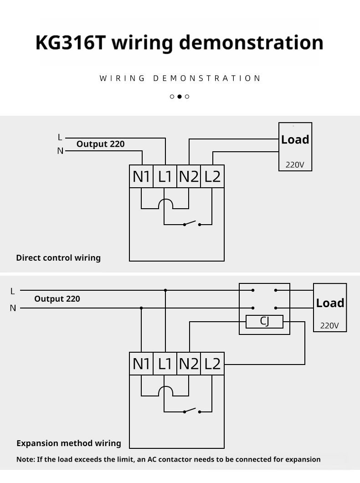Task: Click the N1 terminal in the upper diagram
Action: click(141, 176)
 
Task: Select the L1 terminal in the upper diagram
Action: click(165, 176)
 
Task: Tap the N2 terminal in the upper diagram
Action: click(189, 176)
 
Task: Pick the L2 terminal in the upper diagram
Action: click(212, 176)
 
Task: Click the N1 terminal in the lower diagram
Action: click(141, 364)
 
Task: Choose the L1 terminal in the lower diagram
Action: click(165, 364)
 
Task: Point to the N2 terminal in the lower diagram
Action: click(189, 364)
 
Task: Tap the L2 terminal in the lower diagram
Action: click(212, 364)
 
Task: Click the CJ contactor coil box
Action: click(264, 322)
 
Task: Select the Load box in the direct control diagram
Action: click(295, 147)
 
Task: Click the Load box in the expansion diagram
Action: click(330, 308)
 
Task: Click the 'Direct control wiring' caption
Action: click(58, 258)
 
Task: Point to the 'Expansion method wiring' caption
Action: click(69, 443)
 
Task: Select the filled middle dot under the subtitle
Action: click(180, 97)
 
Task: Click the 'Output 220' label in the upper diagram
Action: click(100, 144)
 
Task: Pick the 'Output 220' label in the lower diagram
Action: click(57, 299)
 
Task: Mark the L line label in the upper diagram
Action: click(60, 137)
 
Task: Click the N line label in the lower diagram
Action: click(13, 308)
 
